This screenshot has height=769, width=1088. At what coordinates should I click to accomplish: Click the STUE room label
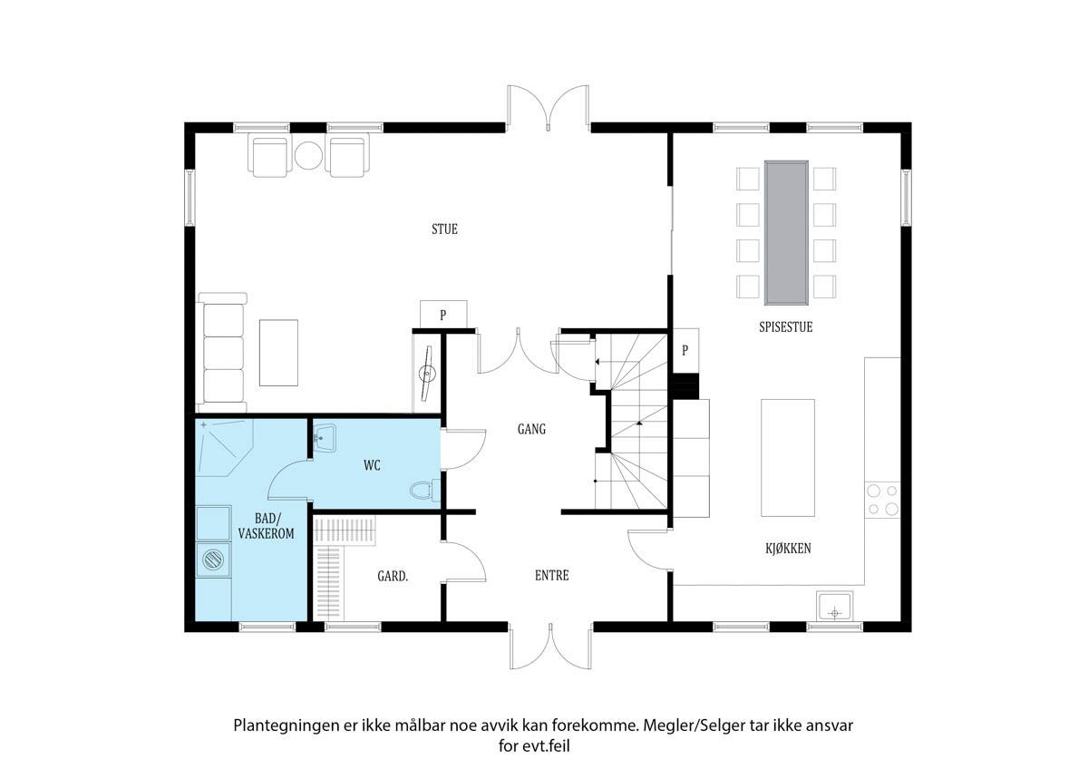tap(444, 229)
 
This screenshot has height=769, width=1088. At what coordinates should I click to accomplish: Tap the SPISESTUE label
tap(785, 327)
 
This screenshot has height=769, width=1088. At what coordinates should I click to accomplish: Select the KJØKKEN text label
tap(788, 549)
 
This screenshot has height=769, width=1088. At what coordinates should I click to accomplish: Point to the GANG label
tap(531, 429)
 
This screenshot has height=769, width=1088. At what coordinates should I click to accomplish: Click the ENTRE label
tap(552, 575)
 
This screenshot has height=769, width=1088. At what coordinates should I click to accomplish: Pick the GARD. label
tap(393, 576)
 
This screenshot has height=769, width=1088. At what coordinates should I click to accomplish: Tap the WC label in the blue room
tap(372, 465)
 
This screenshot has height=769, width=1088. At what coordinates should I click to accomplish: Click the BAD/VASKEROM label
tap(267, 526)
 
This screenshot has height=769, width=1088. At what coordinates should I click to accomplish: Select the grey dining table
tap(786, 233)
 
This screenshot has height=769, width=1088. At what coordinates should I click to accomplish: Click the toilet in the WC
tap(424, 491)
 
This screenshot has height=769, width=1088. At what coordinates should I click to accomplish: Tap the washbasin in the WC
tap(324, 438)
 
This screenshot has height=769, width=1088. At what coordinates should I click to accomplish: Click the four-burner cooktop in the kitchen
tap(882, 500)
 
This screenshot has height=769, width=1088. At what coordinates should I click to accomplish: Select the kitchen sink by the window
tap(834, 607)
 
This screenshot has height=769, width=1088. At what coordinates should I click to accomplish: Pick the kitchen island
tap(787, 458)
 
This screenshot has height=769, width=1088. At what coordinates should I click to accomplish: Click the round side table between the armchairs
tap(308, 155)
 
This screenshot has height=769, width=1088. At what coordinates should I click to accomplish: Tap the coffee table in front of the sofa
tap(278, 353)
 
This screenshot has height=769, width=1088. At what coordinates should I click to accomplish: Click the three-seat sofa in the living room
tap(221, 353)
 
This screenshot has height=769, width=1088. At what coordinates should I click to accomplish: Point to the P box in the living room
tap(443, 315)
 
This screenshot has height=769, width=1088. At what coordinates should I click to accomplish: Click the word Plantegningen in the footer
tap(286, 725)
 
